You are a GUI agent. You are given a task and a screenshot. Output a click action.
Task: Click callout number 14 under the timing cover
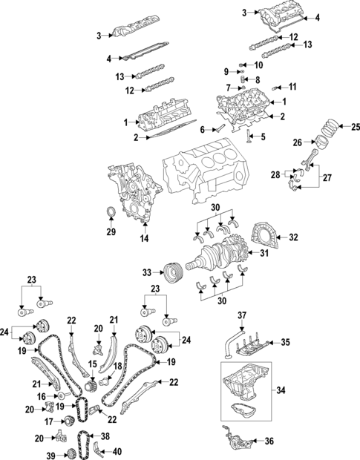click(144, 239)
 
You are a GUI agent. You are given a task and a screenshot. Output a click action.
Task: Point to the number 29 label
click(111, 232)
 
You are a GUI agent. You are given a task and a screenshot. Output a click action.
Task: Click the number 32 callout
click(292, 237)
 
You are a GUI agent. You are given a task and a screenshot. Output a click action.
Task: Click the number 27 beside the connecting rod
click(327, 178)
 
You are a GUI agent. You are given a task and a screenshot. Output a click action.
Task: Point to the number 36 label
click(269, 441)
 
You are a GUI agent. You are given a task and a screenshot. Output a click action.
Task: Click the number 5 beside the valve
click(262, 137)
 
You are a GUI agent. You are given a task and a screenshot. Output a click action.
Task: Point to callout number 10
click(258, 64)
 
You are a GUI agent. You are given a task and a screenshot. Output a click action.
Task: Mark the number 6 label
click(200, 128)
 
